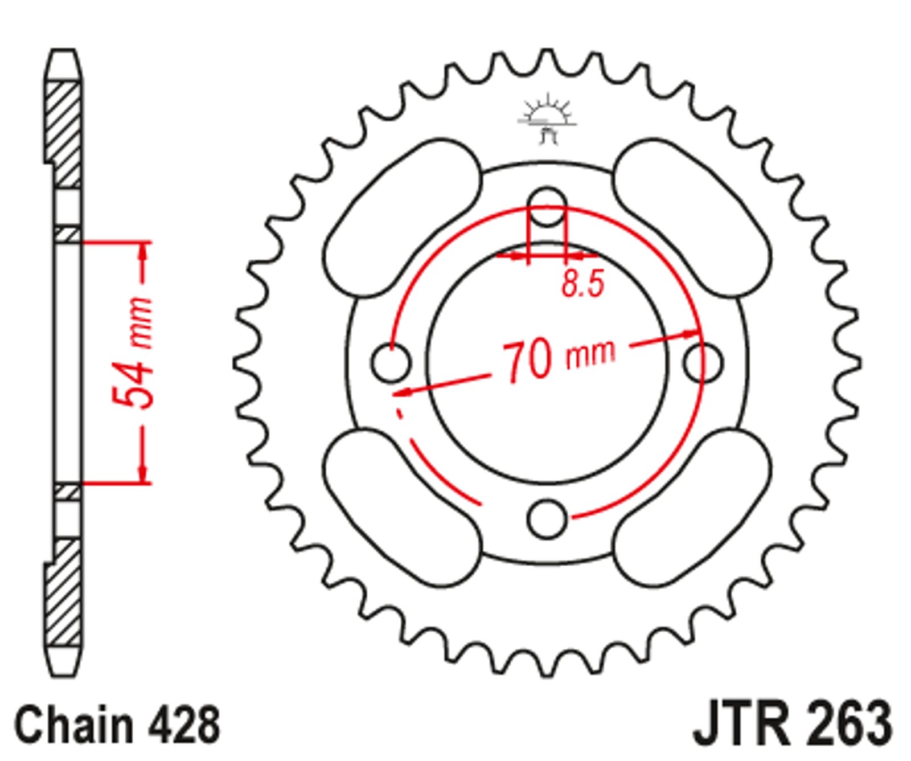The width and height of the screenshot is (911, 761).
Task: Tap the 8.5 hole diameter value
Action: pyautogui.click(x=582, y=283)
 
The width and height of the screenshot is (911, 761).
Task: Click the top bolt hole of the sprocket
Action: pyautogui.click(x=547, y=206)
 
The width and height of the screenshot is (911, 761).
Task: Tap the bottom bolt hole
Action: pyautogui.click(x=547, y=518)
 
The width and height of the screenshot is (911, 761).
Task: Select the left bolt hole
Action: pyautogui.click(x=391, y=362)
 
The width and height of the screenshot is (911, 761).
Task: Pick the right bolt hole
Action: pyautogui.click(x=704, y=362)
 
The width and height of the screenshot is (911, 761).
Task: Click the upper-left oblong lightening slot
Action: pyautogui.click(x=403, y=219)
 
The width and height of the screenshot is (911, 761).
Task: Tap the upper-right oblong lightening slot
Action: pyautogui.click(x=692, y=219)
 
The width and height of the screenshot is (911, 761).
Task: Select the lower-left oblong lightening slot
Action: pyautogui.click(x=403, y=507)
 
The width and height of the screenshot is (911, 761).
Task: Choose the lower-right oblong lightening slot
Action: pyautogui.click(x=692, y=507)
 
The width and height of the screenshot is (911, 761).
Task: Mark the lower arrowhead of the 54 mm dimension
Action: pyautogui.click(x=143, y=472)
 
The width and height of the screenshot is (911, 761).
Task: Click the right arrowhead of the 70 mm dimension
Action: pyautogui.click(x=691, y=334)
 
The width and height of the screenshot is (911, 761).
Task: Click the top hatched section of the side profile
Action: pyautogui.click(x=64, y=134)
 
